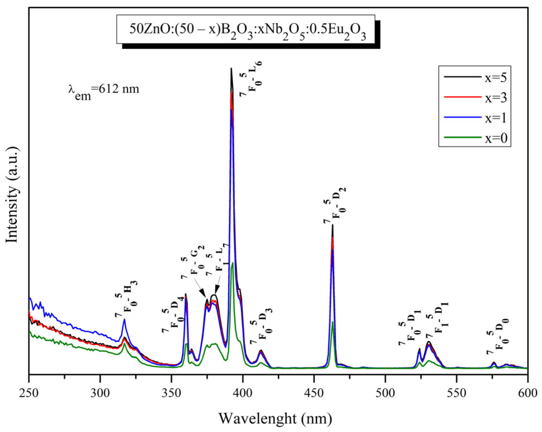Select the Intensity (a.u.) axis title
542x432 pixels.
12,195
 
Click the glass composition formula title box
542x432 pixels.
246,29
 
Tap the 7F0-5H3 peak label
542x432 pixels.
126,299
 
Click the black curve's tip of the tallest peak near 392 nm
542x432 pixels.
231,68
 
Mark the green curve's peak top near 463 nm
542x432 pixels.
332,322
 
